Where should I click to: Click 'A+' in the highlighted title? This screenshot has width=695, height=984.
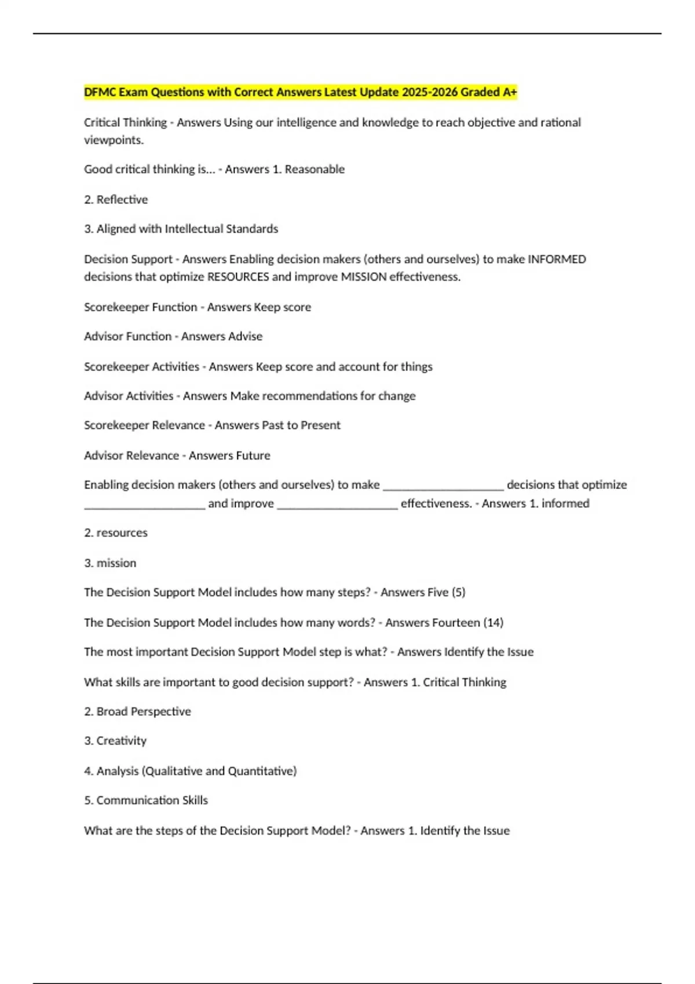tap(510, 92)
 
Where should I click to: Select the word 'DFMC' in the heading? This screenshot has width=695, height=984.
tap(100, 92)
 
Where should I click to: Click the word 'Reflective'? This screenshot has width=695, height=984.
tap(122, 200)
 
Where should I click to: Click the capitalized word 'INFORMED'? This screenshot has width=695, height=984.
tap(557, 259)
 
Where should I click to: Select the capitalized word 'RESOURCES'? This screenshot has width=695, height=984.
tap(238, 277)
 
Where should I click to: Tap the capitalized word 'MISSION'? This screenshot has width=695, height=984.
tap(364, 277)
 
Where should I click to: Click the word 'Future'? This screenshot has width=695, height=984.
tap(254, 456)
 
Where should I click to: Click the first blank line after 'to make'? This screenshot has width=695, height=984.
tap(443, 486)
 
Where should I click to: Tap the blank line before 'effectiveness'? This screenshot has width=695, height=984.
tap(338, 505)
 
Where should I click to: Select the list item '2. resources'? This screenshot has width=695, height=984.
tap(116, 533)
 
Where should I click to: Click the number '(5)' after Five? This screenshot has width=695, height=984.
tap(458, 593)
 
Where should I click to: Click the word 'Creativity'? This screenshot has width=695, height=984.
tap(122, 741)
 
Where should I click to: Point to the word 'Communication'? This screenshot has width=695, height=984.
tap(138, 801)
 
